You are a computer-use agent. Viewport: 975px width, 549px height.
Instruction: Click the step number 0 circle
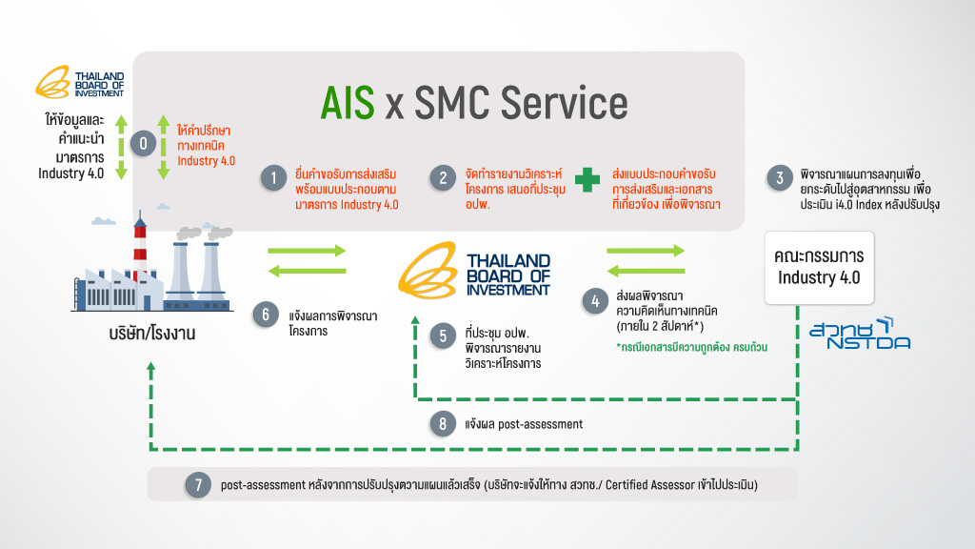(144, 143)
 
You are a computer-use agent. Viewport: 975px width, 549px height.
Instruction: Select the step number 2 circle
(442, 178)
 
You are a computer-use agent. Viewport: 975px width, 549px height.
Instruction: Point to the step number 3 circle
(780, 178)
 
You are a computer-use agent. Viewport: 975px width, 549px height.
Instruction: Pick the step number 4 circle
(595, 299)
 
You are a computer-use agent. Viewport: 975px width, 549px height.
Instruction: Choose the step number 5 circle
(442, 335)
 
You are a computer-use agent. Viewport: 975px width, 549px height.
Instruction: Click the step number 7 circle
(197, 484)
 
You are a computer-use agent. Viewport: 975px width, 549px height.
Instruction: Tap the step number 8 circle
(442, 424)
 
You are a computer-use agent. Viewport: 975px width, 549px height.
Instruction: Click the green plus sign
(587, 177)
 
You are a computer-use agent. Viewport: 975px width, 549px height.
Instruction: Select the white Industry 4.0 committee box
(819, 266)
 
